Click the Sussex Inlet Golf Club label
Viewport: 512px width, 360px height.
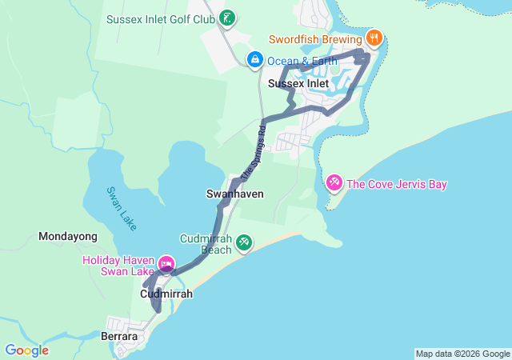point(161,18)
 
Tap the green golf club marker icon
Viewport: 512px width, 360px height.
point(227,18)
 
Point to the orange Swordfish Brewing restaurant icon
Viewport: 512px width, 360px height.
point(374,38)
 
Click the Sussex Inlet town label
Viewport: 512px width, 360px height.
point(298,83)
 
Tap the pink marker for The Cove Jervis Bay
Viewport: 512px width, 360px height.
point(334,183)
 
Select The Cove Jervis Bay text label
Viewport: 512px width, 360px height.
point(396,185)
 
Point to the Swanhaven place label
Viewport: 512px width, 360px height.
point(234,194)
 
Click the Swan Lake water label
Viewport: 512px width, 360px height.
point(121,208)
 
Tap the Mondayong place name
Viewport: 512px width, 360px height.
point(68,237)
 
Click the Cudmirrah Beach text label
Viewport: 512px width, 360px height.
point(206,244)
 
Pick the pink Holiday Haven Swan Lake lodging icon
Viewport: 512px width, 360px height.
point(166,263)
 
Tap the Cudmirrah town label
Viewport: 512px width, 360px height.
point(166,294)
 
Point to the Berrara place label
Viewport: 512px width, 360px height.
point(119,337)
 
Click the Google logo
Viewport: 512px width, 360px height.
point(27,350)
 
